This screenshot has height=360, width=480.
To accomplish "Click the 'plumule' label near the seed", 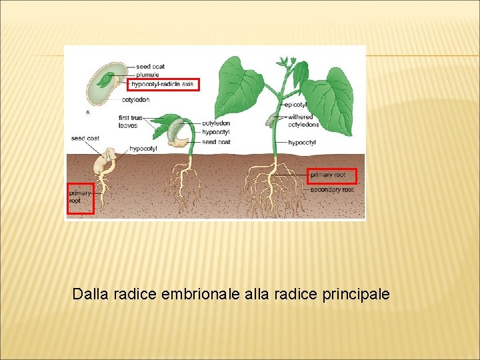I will click(x=147, y=75).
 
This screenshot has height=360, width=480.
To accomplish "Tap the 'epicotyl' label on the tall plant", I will click(x=295, y=105).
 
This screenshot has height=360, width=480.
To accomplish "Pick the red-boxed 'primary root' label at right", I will click(x=331, y=175).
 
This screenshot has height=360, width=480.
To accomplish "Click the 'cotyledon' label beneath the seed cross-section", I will click(x=136, y=99).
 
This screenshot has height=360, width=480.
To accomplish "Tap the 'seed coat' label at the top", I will click(x=151, y=67).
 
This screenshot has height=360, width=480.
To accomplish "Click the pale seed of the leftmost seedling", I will click(x=104, y=161).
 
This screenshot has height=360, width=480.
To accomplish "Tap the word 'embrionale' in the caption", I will click(x=195, y=293).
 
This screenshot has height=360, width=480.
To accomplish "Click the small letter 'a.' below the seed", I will click(x=89, y=111).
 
